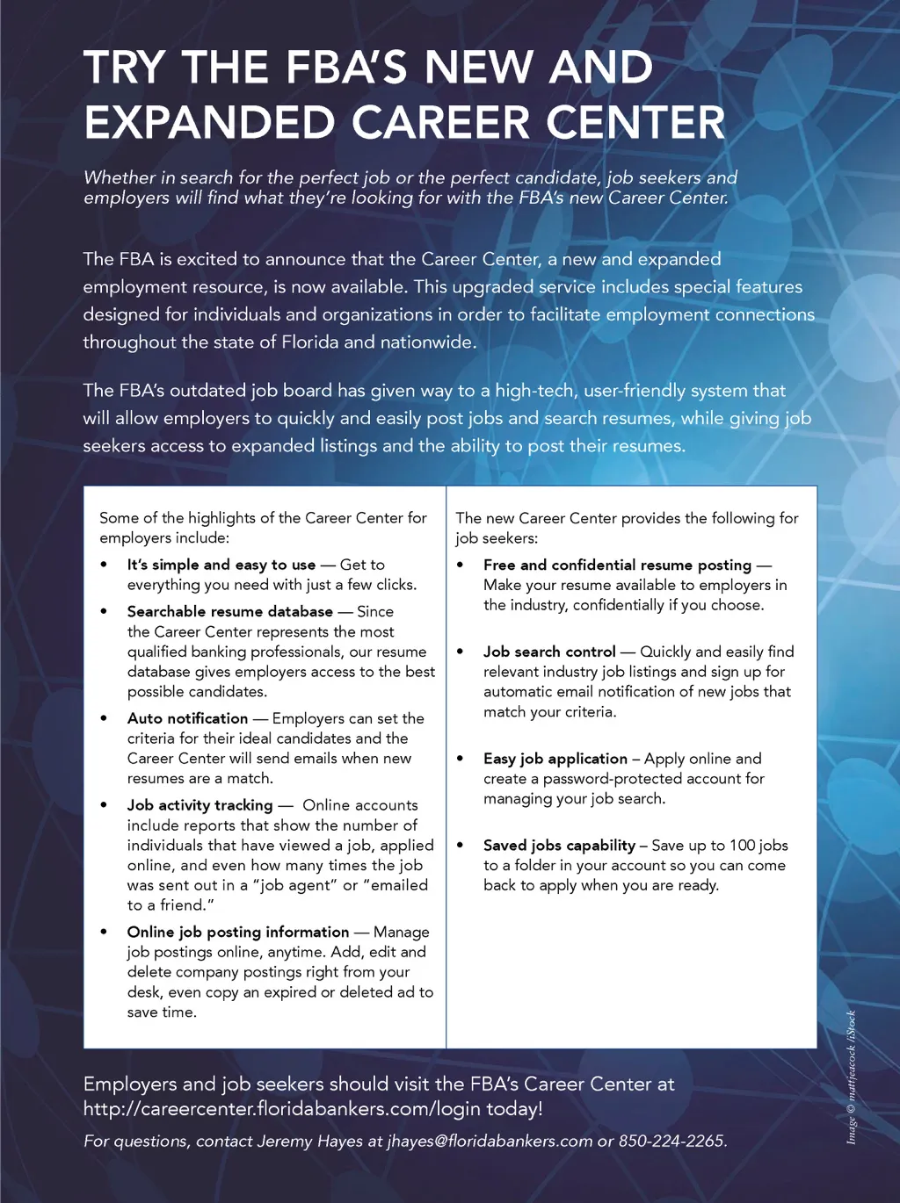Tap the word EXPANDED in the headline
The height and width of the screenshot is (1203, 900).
(209, 123)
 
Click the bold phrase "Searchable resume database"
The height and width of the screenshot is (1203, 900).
(229, 611)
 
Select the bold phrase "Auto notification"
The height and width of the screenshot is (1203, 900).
(187, 718)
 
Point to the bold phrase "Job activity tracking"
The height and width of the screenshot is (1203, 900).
(200, 805)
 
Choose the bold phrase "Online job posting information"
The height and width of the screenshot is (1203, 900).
(237, 932)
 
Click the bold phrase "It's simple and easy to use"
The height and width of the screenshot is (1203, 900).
(221, 565)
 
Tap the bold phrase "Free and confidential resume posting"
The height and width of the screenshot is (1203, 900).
(617, 565)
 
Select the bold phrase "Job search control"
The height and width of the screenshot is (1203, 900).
(549, 652)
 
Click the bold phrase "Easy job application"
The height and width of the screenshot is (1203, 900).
(555, 759)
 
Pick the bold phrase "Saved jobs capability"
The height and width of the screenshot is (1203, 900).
(559, 846)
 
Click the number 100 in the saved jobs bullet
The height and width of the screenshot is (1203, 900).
(742, 846)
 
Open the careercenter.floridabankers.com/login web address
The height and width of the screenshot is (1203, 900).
(281, 1109)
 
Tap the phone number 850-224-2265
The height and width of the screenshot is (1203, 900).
(671, 1142)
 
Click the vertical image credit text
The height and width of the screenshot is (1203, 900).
(851, 1077)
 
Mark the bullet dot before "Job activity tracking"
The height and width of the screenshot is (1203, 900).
(105, 805)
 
